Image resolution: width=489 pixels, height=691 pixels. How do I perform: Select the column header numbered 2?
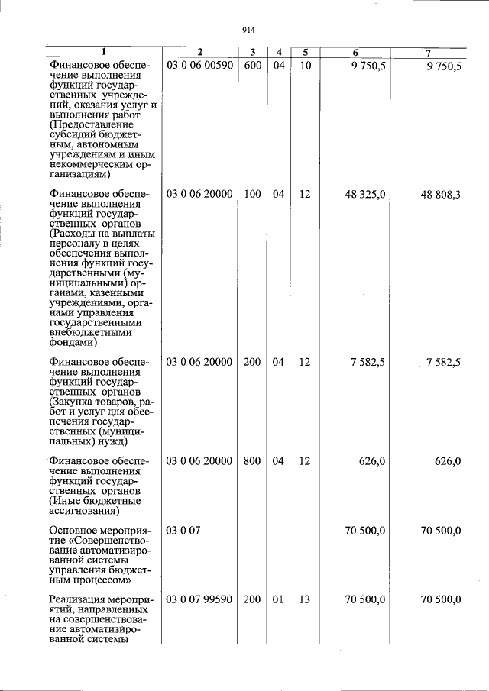pyautogui.click(x=199, y=53)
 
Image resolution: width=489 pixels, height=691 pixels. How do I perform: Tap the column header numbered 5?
pyautogui.click(x=304, y=53)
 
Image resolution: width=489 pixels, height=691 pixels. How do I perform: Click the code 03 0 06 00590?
pyautogui.click(x=199, y=66)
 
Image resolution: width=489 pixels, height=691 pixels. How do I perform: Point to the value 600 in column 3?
pyautogui.click(x=253, y=66)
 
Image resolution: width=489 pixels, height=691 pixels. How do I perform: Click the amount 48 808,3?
pyautogui.click(x=440, y=195)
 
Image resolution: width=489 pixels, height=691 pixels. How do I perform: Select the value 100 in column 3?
pyautogui.click(x=253, y=195)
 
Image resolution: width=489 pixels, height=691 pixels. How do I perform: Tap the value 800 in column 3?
pyautogui.click(x=253, y=461)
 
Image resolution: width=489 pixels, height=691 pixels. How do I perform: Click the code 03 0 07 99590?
pyautogui.click(x=199, y=600)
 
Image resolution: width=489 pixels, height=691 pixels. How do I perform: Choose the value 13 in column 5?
pyautogui.click(x=304, y=600)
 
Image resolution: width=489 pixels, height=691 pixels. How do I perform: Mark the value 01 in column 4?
pyautogui.click(x=278, y=600)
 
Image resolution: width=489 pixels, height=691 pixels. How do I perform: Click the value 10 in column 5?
pyautogui.click(x=304, y=66)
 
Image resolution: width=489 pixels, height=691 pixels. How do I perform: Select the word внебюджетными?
pyautogui.click(x=90, y=332)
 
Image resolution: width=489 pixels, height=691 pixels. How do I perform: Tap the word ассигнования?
pyautogui.click(x=85, y=512)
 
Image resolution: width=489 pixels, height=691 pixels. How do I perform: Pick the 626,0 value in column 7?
pyautogui.click(x=447, y=461)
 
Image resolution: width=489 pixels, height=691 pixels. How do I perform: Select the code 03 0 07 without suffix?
pyautogui.click(x=183, y=531)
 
